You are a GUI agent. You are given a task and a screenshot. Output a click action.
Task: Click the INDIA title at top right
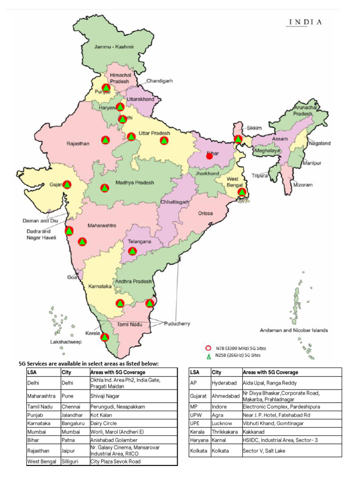[x=305, y=22]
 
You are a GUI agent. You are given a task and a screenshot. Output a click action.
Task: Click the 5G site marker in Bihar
[x=210, y=156]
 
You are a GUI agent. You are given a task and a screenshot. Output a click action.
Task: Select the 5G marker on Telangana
[x=133, y=251]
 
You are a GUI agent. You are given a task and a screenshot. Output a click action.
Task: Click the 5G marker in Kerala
[x=105, y=337]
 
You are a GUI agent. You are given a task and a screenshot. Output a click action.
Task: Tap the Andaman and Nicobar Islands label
[x=294, y=330]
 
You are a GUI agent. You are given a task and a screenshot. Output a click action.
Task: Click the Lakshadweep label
[x=66, y=342]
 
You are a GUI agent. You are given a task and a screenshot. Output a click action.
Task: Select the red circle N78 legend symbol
[x=208, y=348]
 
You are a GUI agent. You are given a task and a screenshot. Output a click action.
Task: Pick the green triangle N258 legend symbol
[x=208, y=356]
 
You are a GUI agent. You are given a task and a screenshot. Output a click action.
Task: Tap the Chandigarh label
[x=159, y=81]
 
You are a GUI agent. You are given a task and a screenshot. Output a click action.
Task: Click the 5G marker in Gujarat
[x=67, y=185]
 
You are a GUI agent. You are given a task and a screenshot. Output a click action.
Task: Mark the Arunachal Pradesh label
[x=306, y=111]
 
